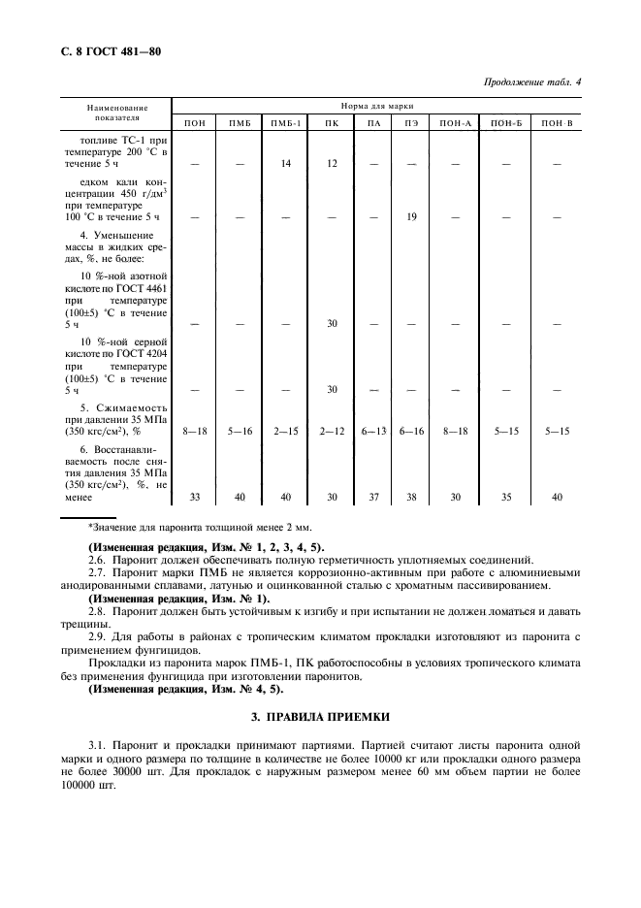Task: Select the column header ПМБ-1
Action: pyautogui.click(x=286, y=122)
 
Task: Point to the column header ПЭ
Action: pyautogui.click(x=411, y=122)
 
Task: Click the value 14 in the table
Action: pyautogui.click(x=286, y=164)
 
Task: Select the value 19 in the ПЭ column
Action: pyautogui.click(x=411, y=217)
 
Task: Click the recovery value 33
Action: pyautogui.click(x=194, y=497)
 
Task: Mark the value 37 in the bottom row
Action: pyautogui.click(x=372, y=497)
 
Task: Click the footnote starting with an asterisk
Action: pyautogui.click(x=200, y=527)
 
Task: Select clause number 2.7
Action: pyautogui.click(x=97, y=572)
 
